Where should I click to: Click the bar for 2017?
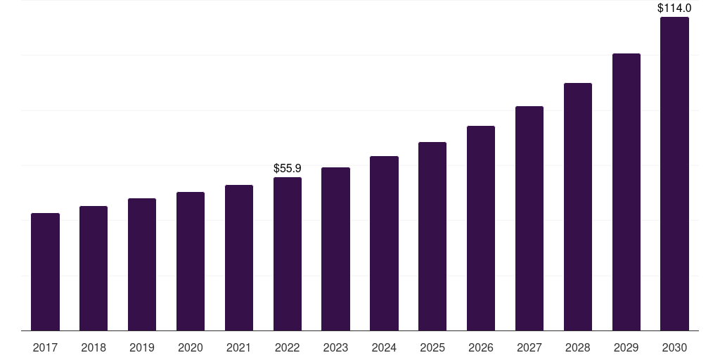click(45, 271)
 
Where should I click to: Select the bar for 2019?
click(142, 264)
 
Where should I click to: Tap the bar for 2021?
click(239, 257)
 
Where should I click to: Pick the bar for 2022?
click(288, 254)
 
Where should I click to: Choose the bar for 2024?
click(384, 243)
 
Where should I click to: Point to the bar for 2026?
click(481, 228)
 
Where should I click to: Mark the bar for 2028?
click(578, 207)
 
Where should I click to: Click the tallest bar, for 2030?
click(674, 174)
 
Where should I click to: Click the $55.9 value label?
click(288, 169)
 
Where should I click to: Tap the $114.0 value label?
click(674, 8)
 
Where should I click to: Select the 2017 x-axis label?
click(45, 347)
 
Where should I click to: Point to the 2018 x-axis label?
click(94, 347)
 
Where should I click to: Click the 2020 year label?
click(191, 347)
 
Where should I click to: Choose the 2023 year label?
click(335, 347)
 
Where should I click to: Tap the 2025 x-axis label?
click(432, 347)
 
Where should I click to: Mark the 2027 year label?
click(529, 347)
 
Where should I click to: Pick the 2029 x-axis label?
click(626, 347)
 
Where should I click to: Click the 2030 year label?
click(674, 347)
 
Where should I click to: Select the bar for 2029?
click(626, 192)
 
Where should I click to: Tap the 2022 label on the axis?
click(288, 347)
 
